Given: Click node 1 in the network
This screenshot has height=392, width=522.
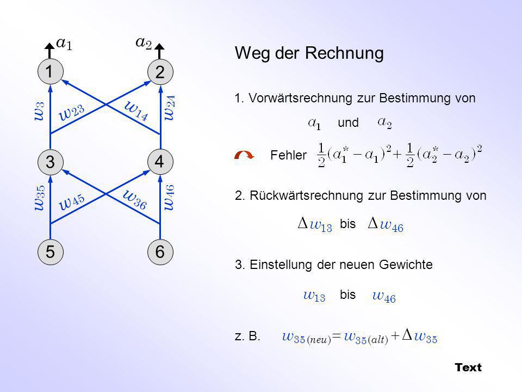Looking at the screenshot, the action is point(50,72).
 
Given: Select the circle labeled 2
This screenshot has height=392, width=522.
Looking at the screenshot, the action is point(160,72).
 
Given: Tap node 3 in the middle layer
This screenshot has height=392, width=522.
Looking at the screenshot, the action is point(50,162).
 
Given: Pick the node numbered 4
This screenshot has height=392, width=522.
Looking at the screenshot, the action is point(160,162).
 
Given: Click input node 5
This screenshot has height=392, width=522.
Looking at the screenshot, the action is point(50,252).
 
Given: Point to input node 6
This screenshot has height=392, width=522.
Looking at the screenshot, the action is point(160,252).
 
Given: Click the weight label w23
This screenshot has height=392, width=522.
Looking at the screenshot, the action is point(72,112).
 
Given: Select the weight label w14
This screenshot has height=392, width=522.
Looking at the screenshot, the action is point(136,111).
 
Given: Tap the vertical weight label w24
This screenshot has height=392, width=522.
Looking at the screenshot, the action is point(170,108).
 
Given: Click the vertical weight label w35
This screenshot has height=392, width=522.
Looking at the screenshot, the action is point(40,198).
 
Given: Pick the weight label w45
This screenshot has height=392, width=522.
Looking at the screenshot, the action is point(72,201).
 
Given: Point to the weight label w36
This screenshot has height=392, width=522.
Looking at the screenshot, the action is point(135,199).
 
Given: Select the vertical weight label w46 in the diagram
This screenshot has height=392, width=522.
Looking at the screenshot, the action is point(170,197).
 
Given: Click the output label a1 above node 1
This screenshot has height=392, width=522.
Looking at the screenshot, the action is point(64,44).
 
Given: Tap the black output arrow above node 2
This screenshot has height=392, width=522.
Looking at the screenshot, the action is point(160,51).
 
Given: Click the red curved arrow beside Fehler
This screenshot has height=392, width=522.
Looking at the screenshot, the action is point(244,155).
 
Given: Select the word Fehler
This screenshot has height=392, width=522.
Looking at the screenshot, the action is point(288,155).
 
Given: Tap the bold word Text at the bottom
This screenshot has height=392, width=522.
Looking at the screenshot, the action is point(468,367).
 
